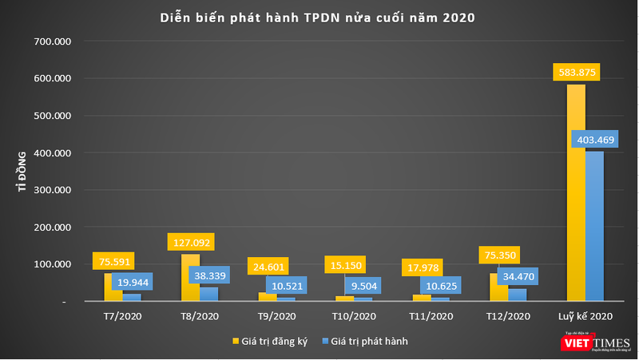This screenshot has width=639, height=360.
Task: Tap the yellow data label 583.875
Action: pos(575,72)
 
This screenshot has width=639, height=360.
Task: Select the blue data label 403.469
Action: pos(595,140)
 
